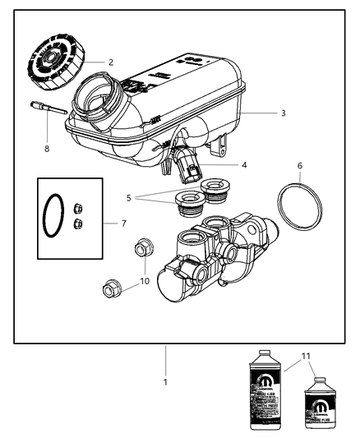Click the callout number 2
click(x=110, y=62)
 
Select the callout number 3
click(x=260, y=113)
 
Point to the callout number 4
click(x=245, y=164)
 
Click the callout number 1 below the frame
click(x=166, y=382)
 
